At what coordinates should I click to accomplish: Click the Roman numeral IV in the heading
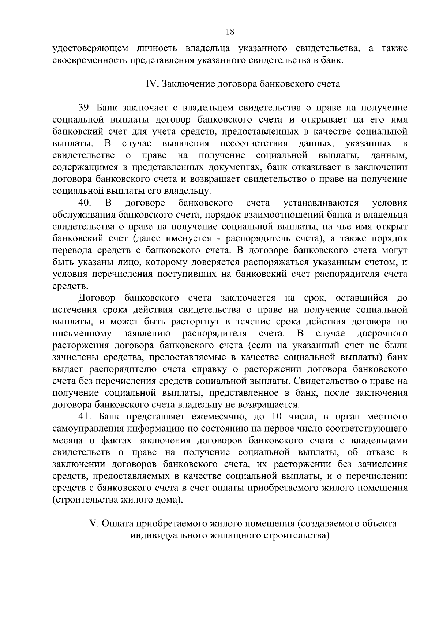pyautogui.click(x=151, y=84)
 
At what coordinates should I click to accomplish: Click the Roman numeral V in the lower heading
pyautogui.click(x=93, y=523)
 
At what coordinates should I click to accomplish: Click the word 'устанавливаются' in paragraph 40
pyautogui.click(x=321, y=203)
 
